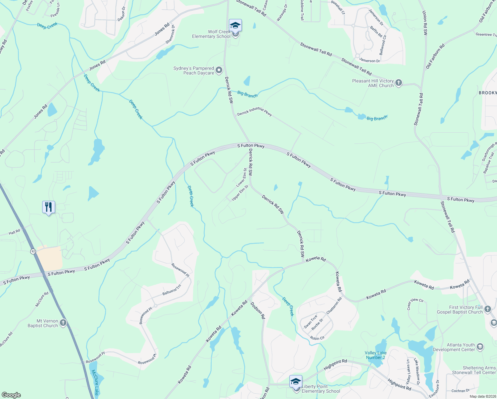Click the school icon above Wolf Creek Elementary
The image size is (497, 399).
[x=235, y=25]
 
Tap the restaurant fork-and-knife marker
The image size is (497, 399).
[x=49, y=207]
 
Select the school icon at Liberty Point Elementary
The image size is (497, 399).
[x=296, y=381]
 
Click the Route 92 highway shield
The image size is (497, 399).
[x=33, y=251]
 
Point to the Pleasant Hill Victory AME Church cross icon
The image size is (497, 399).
[x=399, y=83]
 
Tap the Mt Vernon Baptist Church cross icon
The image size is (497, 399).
[x=63, y=323]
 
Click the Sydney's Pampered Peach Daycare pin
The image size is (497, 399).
[x=219, y=70]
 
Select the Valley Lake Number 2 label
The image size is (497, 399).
[x=375, y=355]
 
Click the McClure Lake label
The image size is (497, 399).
[x=95, y=382]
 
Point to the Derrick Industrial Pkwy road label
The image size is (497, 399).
[x=254, y=112]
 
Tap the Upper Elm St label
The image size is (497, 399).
[x=240, y=193]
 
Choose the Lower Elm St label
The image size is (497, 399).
[x=242, y=177]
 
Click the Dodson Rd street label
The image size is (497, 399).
[x=258, y=310]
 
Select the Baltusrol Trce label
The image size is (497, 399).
[x=172, y=290]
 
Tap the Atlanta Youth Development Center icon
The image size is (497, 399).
[x=480, y=347]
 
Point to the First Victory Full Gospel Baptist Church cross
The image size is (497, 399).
[x=488, y=309]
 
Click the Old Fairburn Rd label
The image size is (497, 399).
[x=435, y=57]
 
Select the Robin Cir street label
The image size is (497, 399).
[x=317, y=338]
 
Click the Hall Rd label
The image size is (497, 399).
[x=14, y=232]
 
